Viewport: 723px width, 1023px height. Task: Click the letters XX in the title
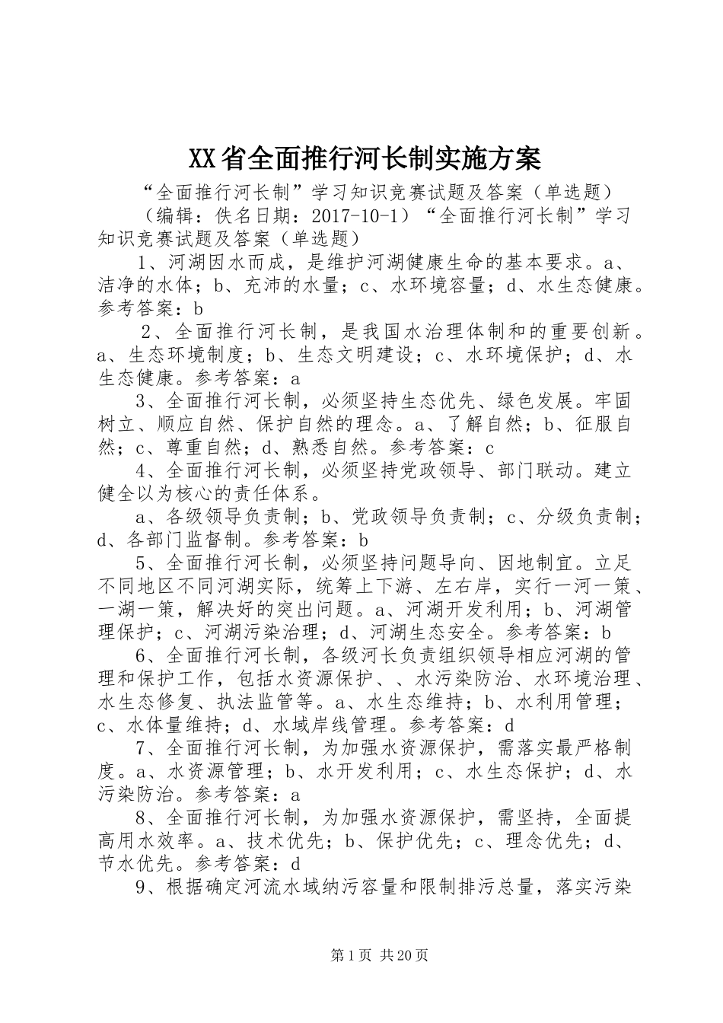click(202, 159)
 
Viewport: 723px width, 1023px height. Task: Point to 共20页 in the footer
click(406, 954)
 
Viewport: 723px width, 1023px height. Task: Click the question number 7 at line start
click(141, 748)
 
